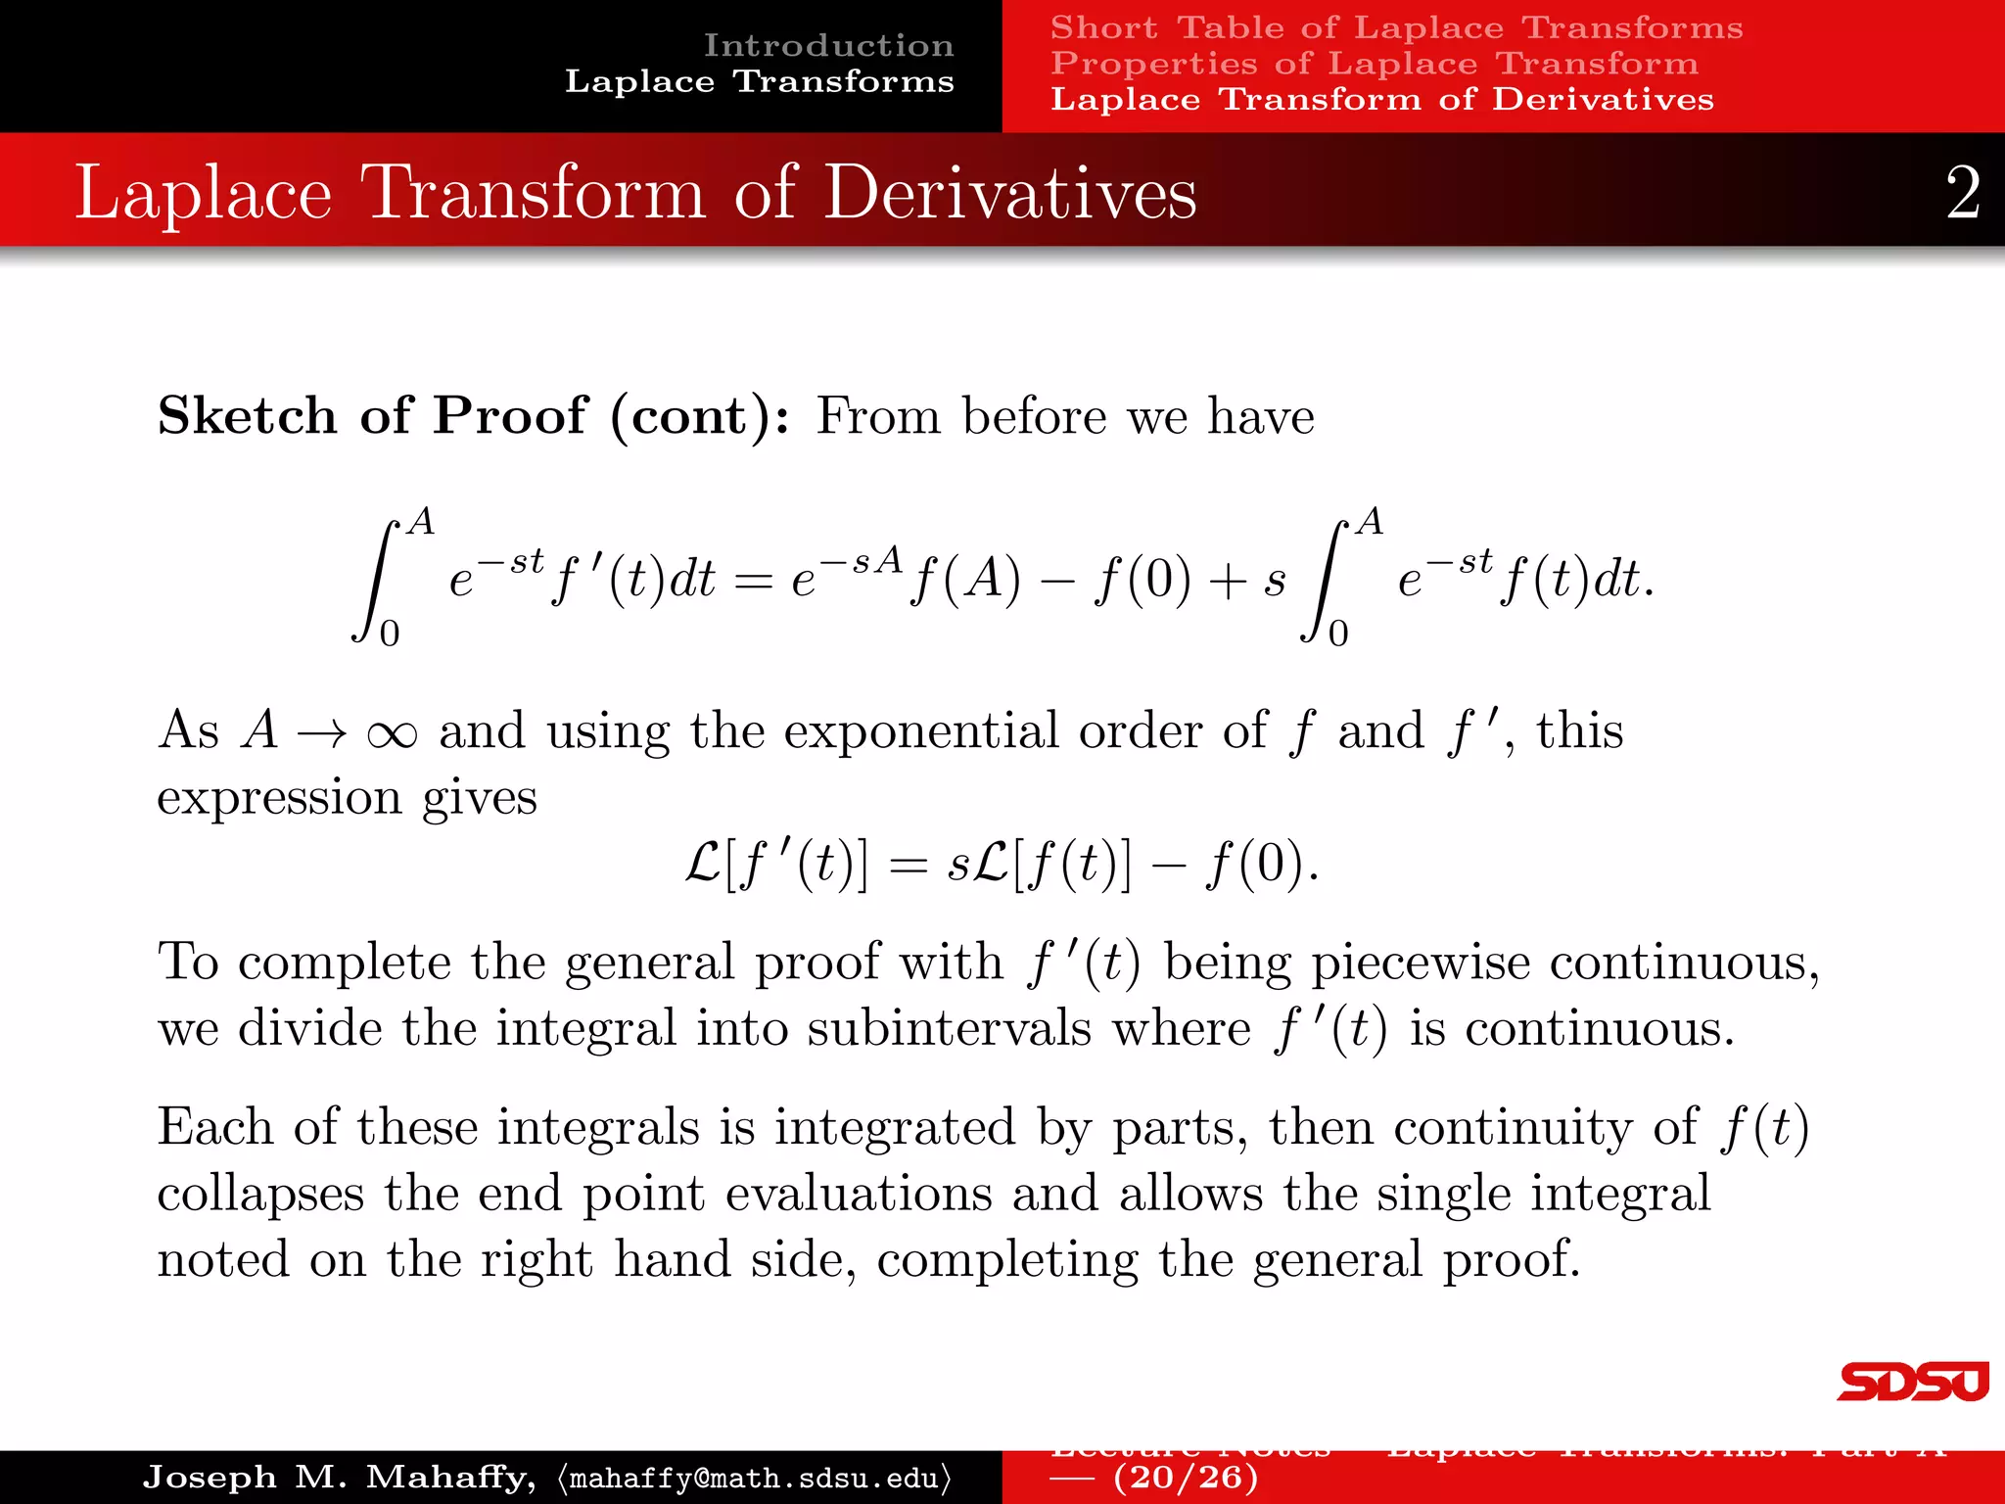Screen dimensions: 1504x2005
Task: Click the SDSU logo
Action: pyautogui.click(x=1912, y=1382)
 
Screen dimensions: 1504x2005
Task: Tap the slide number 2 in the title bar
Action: pyautogui.click(x=1962, y=193)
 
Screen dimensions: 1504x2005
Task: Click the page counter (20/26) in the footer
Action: pyautogui.click(x=1185, y=1477)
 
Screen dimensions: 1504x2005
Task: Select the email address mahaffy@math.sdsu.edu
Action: pyautogui.click(x=754, y=1478)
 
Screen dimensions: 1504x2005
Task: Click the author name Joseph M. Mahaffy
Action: pyautogui.click(x=338, y=1477)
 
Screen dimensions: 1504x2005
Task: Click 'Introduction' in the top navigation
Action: pyautogui.click(x=828, y=45)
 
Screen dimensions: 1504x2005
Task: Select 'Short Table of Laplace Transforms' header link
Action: pyautogui.click(x=1396, y=27)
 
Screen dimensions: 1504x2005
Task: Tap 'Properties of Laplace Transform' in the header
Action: pyautogui.click(x=1374, y=64)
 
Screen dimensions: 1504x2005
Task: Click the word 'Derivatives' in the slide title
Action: pyautogui.click(x=1009, y=193)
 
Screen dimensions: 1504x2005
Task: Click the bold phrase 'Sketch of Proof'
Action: pyautogui.click(x=372, y=416)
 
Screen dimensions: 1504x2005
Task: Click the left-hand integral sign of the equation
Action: pyautogui.click(x=377, y=580)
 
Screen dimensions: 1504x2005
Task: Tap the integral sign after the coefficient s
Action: pyautogui.click(x=1325, y=580)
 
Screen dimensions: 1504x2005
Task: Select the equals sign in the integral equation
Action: pyautogui.click(x=753, y=582)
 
